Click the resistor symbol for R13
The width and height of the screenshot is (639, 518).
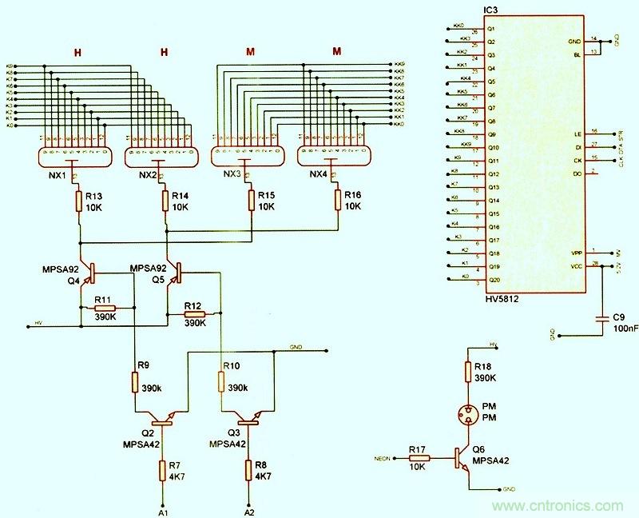click(x=78, y=200)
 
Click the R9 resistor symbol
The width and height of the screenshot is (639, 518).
click(x=133, y=382)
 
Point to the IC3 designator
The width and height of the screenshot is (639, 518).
click(x=492, y=10)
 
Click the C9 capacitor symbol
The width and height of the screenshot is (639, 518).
click(x=601, y=320)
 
